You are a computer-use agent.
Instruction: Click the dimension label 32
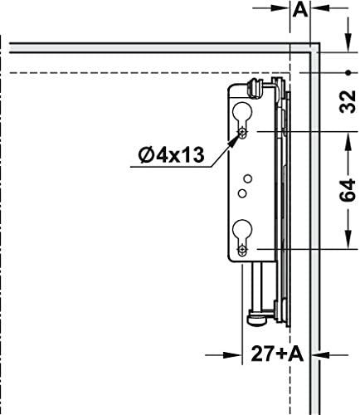[x=348, y=101]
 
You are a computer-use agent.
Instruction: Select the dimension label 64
[x=348, y=190]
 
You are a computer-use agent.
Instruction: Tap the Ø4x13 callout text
[x=172, y=154]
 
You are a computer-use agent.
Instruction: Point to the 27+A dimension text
[x=277, y=354]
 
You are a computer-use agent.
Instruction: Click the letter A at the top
[x=300, y=11]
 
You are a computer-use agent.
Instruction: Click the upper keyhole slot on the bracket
[x=242, y=117]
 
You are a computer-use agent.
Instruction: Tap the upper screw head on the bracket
[x=242, y=133]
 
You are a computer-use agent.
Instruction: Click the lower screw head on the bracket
[x=242, y=250]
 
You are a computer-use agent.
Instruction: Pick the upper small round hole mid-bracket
[x=248, y=178]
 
